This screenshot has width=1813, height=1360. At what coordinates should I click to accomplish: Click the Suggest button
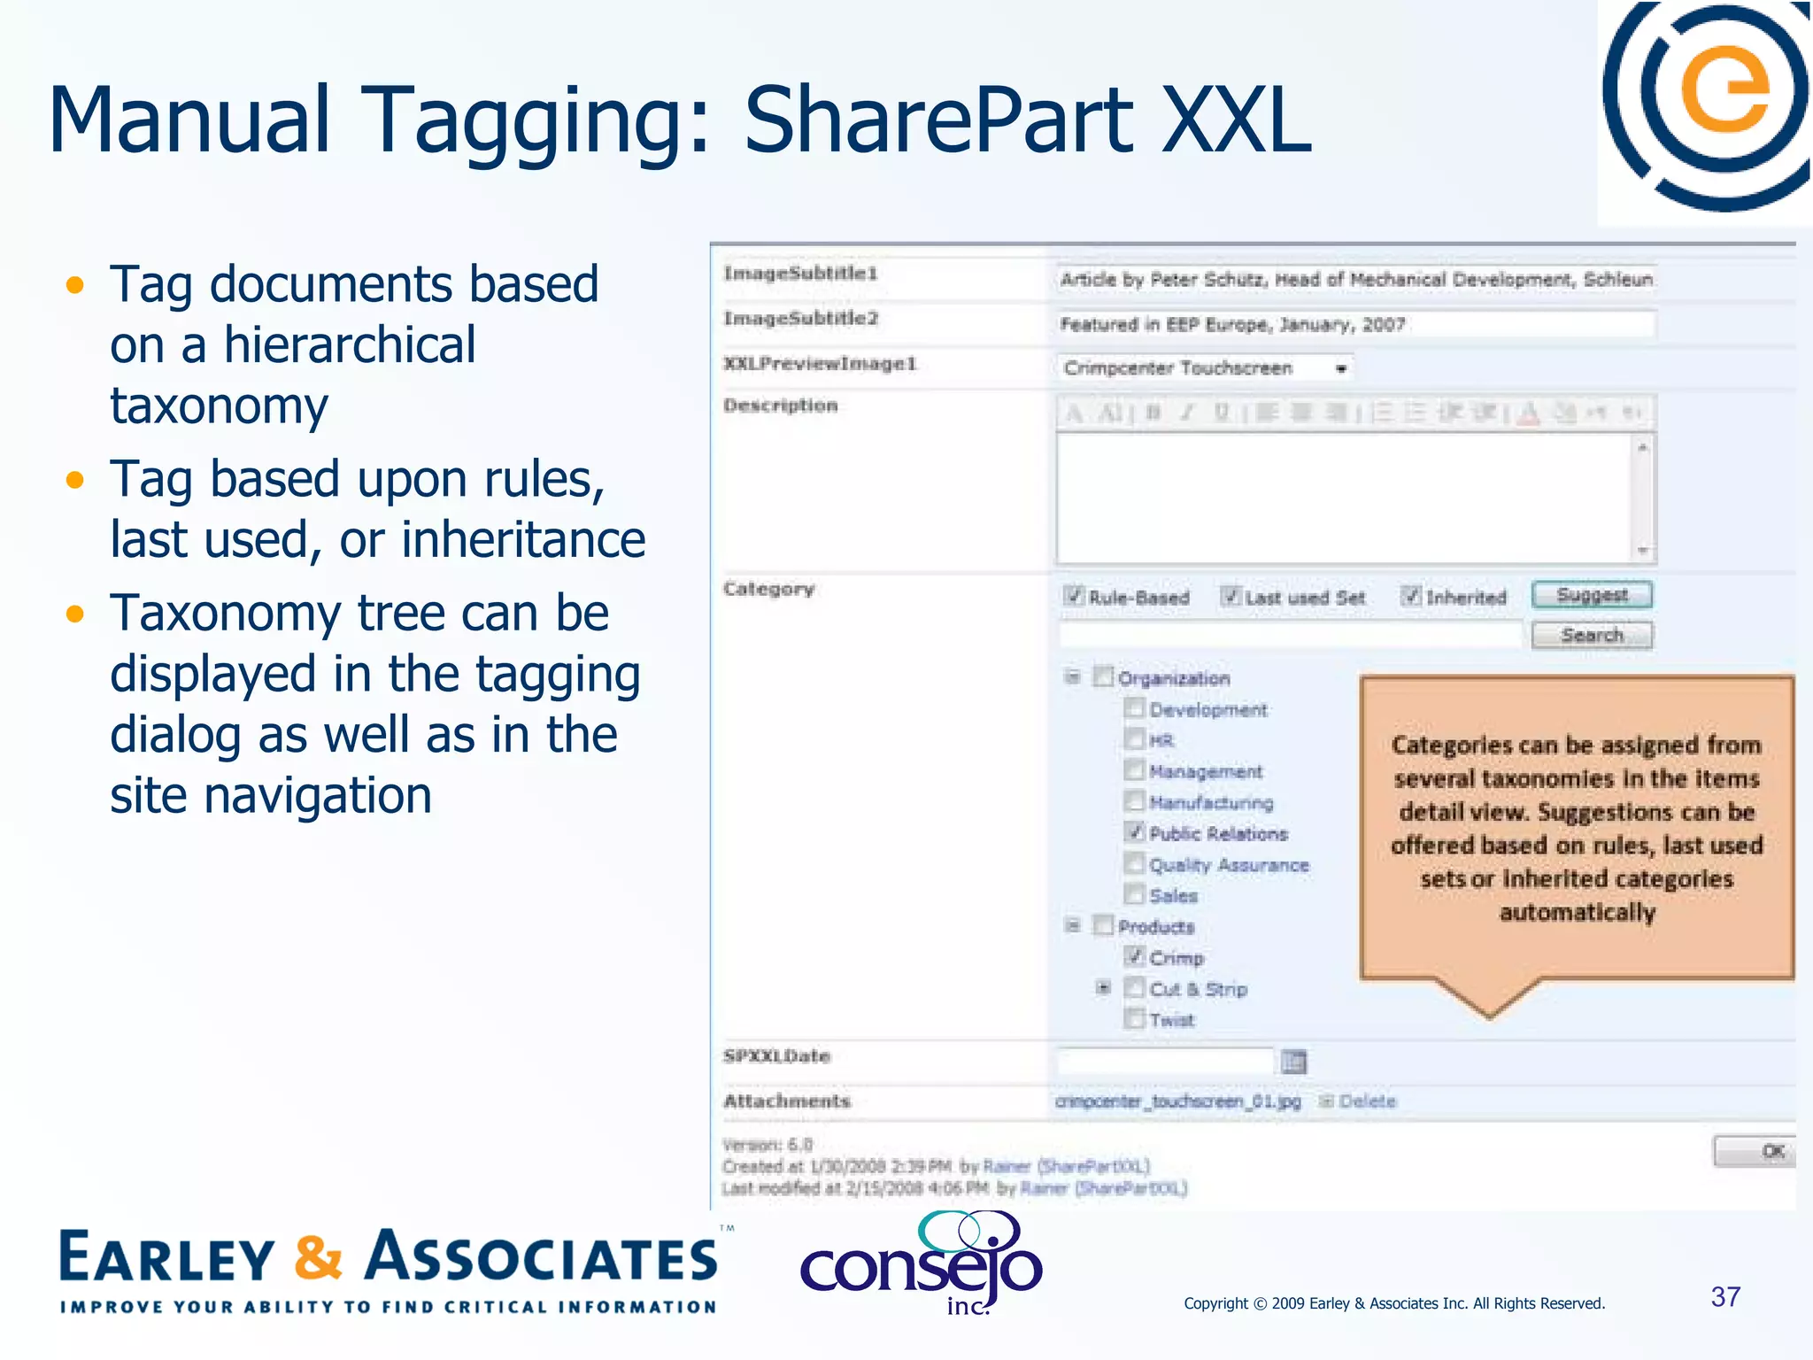[1592, 595]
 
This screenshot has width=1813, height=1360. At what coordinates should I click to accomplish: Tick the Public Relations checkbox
[1134, 832]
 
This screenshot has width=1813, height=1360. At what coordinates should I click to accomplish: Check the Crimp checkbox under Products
[1134, 956]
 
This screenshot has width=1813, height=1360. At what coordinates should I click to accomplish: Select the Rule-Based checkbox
[1074, 596]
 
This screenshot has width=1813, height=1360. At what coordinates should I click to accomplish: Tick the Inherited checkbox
[1411, 596]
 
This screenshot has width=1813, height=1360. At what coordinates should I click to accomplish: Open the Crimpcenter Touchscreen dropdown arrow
[1341, 368]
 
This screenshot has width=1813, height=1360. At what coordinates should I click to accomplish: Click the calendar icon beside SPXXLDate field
[1293, 1061]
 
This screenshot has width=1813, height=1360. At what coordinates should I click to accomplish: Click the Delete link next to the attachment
[1367, 1101]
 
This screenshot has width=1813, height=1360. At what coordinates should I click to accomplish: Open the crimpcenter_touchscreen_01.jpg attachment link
[1178, 1101]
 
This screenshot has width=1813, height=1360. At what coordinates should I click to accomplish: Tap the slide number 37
[1725, 1297]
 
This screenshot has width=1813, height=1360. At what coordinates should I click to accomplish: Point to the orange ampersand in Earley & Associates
[318, 1257]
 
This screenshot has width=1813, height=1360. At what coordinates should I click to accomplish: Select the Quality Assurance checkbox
[1134, 863]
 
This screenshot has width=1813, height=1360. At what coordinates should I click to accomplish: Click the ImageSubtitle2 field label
[800, 319]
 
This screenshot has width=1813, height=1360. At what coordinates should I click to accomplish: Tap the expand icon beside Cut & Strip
[1103, 987]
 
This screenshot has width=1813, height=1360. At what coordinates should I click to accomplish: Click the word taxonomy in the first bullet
[219, 406]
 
